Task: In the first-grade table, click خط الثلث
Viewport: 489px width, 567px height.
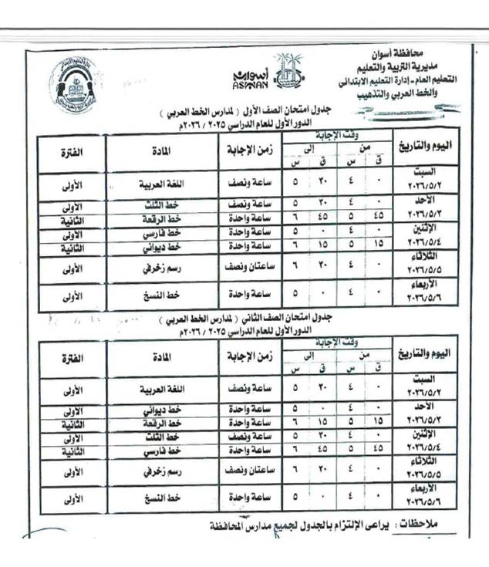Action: pos(164,204)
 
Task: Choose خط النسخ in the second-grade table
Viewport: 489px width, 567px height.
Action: pos(164,497)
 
